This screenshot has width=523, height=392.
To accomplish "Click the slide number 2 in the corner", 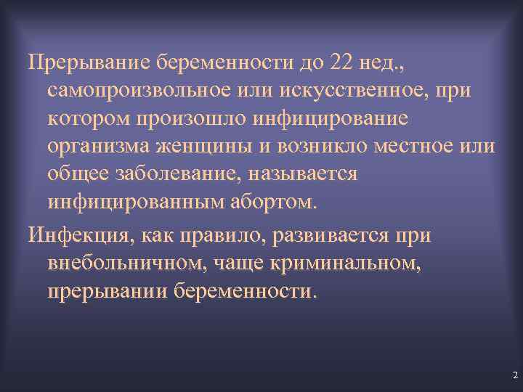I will [514, 375].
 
